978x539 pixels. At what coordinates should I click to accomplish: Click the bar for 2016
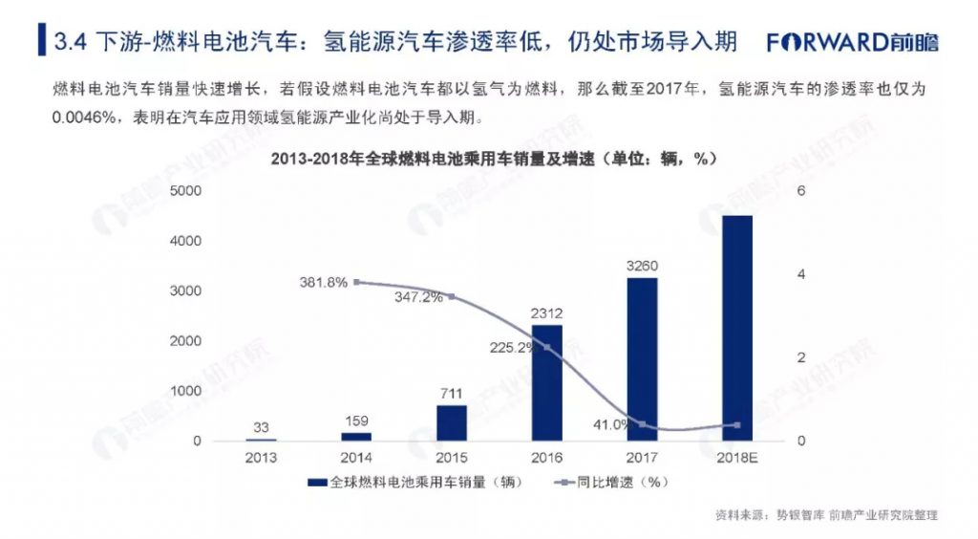[x=547, y=382]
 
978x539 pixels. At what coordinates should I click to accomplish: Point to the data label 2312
[x=547, y=313]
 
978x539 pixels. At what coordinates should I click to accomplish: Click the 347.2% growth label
[x=417, y=297]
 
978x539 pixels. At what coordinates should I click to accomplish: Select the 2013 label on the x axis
[x=261, y=458]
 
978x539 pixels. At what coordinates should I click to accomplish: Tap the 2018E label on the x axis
[x=736, y=458]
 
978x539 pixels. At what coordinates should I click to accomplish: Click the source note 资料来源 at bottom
[x=826, y=515]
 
